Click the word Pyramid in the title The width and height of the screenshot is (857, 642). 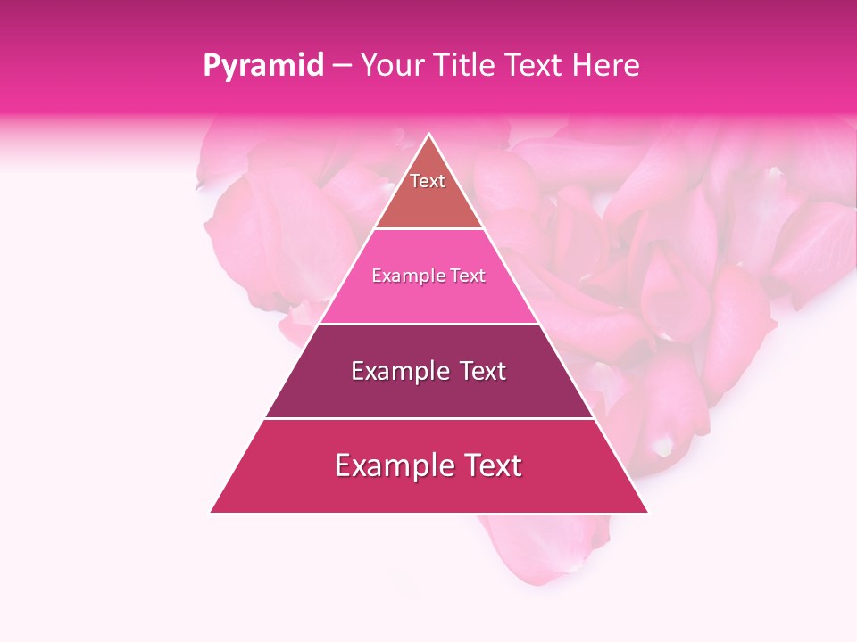pos(262,66)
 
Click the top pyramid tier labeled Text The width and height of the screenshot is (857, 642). pos(428,192)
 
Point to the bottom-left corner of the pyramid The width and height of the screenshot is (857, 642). pos(212,512)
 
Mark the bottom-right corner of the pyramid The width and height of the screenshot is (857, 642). pos(647,512)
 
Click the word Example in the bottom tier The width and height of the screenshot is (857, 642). pos(391,465)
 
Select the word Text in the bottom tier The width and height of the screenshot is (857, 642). pos(488,465)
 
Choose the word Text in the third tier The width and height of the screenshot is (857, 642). pos(479,371)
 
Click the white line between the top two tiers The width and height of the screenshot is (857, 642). pos(428,229)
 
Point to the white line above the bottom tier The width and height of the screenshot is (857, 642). pos(428,418)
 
